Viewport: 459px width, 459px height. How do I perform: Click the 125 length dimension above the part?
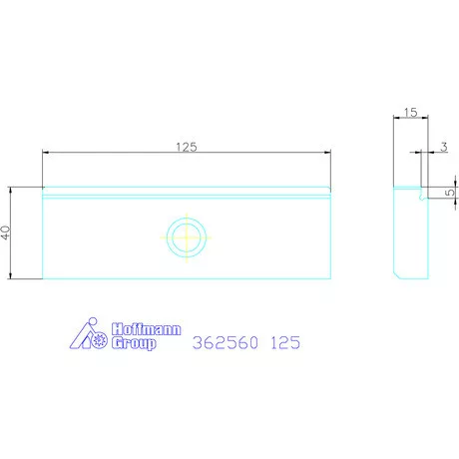(187, 146)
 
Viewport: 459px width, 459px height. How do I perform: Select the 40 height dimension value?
(6, 231)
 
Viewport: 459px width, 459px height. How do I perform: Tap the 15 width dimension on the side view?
(410, 114)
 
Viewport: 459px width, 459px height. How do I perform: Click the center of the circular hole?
(187, 237)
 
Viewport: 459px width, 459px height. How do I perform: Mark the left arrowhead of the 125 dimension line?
(46, 153)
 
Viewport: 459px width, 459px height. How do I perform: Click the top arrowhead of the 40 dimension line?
(12, 190)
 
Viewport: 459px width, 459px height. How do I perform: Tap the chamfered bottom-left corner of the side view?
(395, 274)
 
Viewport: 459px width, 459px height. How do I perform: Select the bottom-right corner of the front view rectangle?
(330, 278)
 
